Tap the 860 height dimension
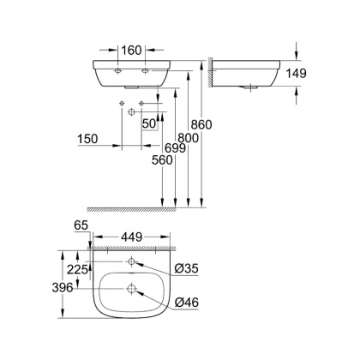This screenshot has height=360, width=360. [201, 124]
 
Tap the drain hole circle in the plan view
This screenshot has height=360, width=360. [131, 289]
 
